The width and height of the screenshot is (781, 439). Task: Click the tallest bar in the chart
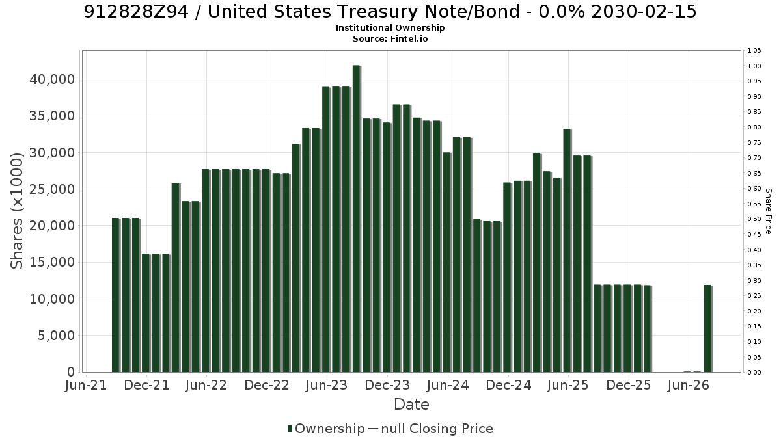357,219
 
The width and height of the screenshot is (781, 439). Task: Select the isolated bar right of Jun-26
708,328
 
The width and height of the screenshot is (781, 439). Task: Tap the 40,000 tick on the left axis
52,79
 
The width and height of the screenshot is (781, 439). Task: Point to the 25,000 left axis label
52,189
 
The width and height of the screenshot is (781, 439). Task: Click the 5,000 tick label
56,336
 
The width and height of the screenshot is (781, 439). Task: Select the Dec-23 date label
387,385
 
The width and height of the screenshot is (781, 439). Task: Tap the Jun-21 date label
86,385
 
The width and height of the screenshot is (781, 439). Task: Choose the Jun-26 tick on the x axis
689,385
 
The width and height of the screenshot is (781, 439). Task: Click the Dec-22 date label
267,385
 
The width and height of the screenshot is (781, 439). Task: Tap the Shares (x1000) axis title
16,211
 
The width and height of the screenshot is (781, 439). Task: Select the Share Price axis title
768,211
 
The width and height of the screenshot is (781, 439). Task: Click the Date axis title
411,405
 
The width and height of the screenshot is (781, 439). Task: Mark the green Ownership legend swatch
290,429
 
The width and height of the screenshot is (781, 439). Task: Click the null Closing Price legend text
437,429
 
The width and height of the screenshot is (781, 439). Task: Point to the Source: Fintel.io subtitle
390,38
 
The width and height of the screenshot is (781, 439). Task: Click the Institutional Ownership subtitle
390,28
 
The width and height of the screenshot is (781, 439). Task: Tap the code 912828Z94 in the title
136,12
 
